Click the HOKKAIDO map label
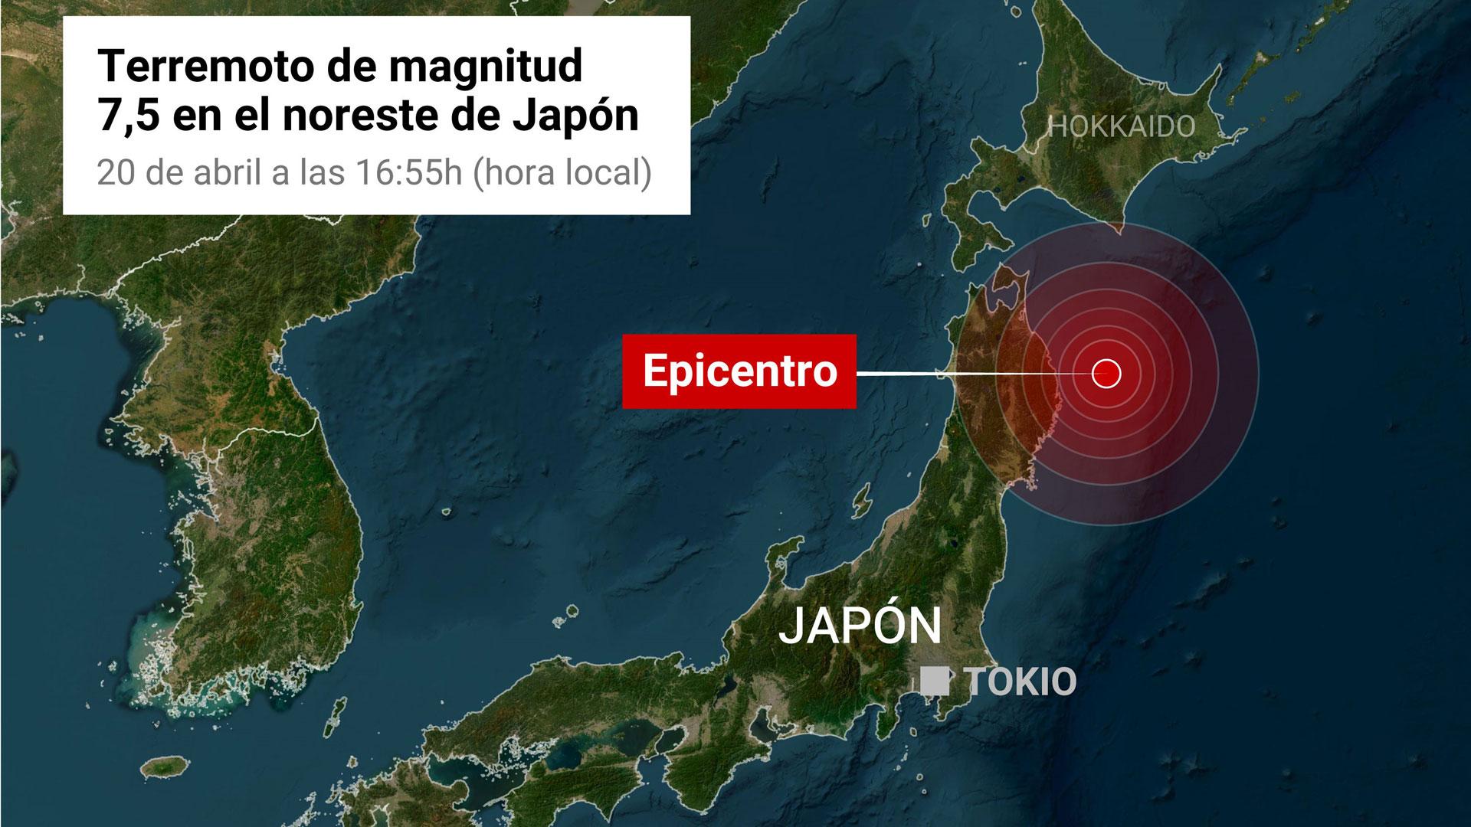(1122, 126)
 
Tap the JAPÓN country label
(860, 626)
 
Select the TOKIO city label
(1022, 682)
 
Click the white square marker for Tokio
(934, 681)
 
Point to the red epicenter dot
(1106, 374)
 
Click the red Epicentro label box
(739, 371)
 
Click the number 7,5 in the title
(126, 116)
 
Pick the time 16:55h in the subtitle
(408, 174)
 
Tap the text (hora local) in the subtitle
(563, 174)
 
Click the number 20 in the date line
(113, 174)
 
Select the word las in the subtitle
(321, 174)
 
